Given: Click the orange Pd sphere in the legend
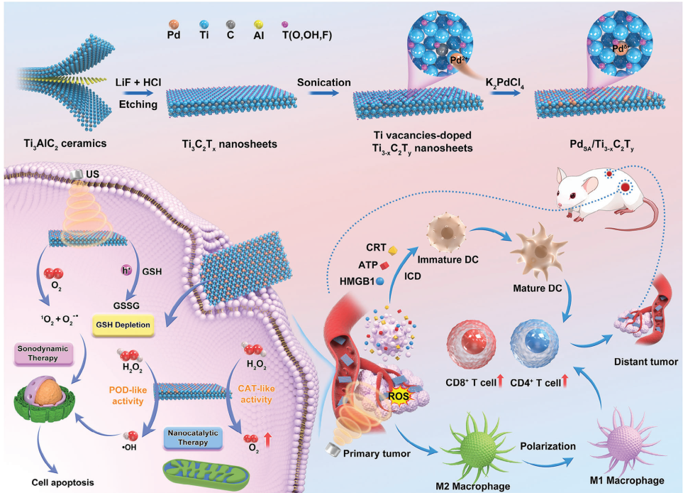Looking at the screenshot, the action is (x=173, y=25).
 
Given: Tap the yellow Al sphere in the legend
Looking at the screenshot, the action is (x=259, y=25).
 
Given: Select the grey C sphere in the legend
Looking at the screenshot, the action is (x=231, y=25).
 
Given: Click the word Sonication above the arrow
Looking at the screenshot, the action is (x=323, y=82).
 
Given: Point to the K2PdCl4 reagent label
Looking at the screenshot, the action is (x=504, y=83).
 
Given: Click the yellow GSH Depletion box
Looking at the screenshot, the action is (x=123, y=325).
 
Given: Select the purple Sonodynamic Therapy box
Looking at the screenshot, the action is (x=43, y=353).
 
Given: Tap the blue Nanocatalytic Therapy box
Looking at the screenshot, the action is (x=193, y=438).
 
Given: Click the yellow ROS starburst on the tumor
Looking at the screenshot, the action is (x=399, y=396).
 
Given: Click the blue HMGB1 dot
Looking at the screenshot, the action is (x=380, y=281).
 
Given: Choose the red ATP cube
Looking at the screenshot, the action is (x=384, y=265).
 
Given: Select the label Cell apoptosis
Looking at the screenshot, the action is (x=62, y=482).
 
